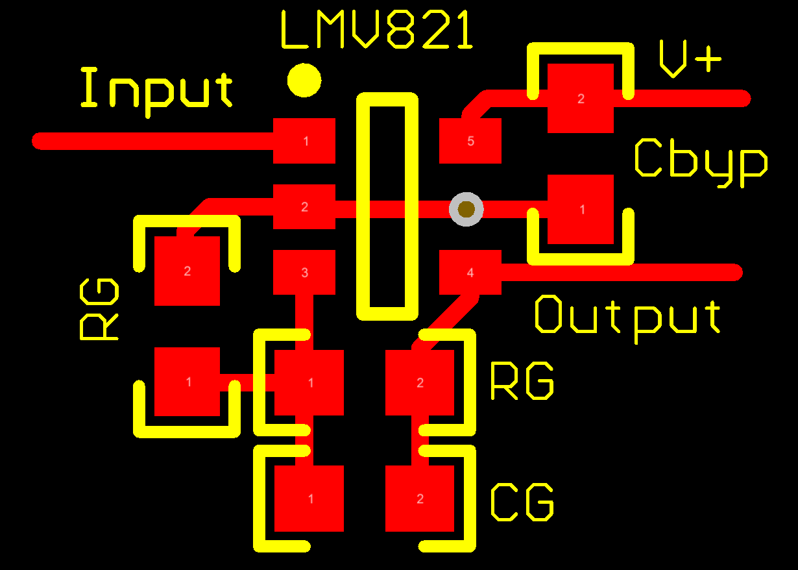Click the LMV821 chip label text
pyautogui.click(x=377, y=31)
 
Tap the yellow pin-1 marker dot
pyautogui.click(x=304, y=81)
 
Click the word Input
pyautogui.click(x=156, y=89)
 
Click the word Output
pyautogui.click(x=627, y=316)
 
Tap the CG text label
pyautogui.click(x=522, y=502)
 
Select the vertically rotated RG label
pyautogui.click(x=99, y=310)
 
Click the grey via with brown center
pyautogui.click(x=466, y=210)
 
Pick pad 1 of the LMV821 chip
pyautogui.click(x=304, y=141)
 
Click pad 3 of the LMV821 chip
pyautogui.click(x=304, y=273)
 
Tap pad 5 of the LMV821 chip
pyautogui.click(x=470, y=141)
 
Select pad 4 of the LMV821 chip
pyautogui.click(x=470, y=273)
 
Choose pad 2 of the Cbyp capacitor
pyautogui.click(x=581, y=99)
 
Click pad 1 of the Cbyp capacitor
pyautogui.click(x=581, y=209)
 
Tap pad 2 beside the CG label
pyautogui.click(x=420, y=499)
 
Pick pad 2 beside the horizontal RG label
pyautogui.click(x=420, y=382)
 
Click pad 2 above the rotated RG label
pyautogui.click(x=187, y=271)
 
